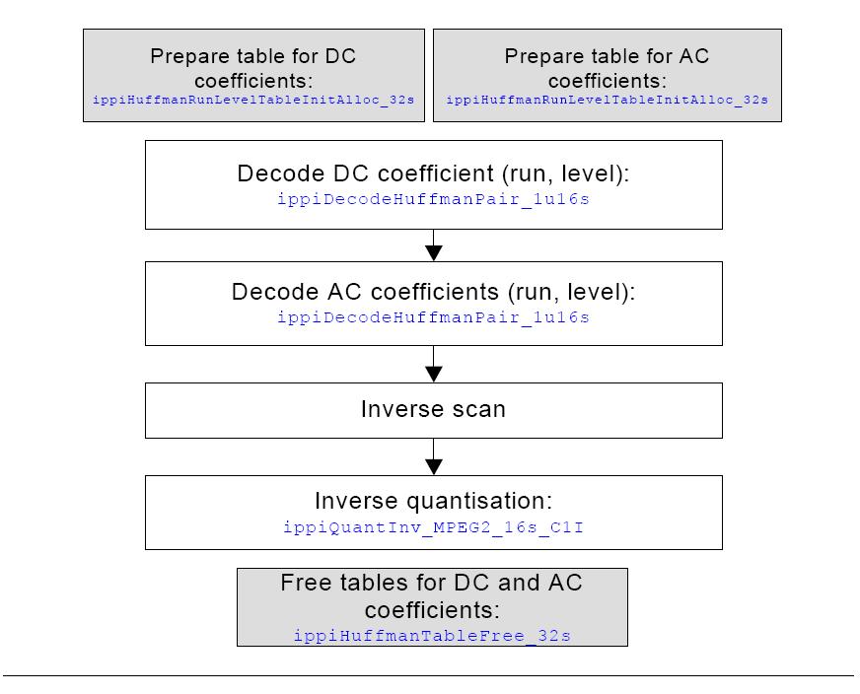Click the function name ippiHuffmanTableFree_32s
click(432, 636)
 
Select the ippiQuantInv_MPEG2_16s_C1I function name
click(433, 527)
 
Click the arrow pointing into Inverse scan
click(434, 364)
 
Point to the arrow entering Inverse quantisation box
click(434, 456)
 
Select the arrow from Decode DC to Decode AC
click(434, 245)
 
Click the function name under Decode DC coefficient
click(433, 199)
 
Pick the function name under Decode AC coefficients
click(433, 317)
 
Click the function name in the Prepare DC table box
click(253, 100)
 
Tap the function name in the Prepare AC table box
click(608, 100)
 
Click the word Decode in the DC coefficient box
click(281, 173)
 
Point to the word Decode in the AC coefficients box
click(276, 292)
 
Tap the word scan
click(476, 409)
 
